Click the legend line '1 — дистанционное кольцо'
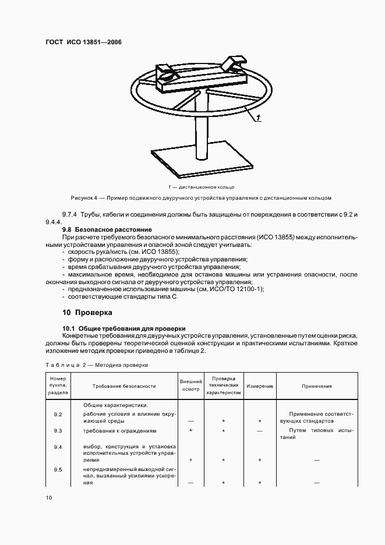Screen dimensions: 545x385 (x=200, y=187)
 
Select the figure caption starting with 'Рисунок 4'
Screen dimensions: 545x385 (x=200, y=198)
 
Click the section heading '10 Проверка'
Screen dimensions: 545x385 (x=87, y=312)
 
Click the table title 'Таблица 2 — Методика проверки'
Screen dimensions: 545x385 (x=96, y=364)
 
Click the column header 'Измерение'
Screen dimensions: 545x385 (x=259, y=385)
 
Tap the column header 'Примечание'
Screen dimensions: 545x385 (x=317, y=385)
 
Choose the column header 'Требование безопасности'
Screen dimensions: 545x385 (x=124, y=385)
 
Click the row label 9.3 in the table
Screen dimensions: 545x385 (x=58, y=431)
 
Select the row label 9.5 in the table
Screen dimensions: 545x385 (x=58, y=469)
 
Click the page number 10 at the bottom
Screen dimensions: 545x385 (x=49, y=498)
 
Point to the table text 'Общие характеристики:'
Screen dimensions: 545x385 (x=115, y=405)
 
